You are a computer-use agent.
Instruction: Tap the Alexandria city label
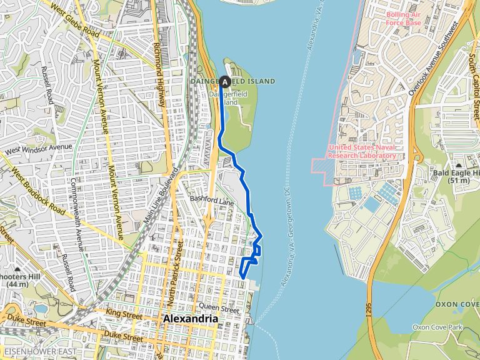tap(190, 319)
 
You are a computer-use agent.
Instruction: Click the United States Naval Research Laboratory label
tap(362, 151)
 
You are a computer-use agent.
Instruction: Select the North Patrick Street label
tap(174, 279)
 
